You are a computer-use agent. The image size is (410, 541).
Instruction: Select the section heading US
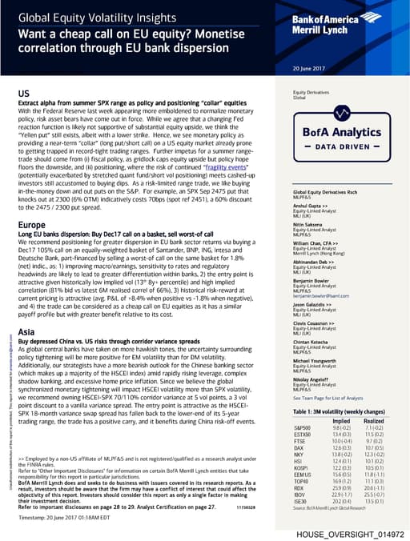click(24, 94)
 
